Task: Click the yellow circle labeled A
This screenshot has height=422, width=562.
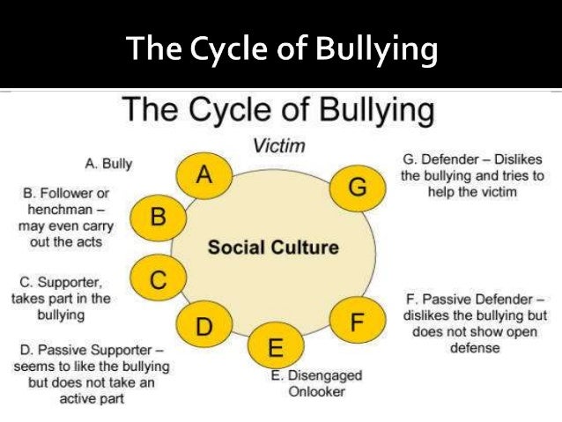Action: [204, 174]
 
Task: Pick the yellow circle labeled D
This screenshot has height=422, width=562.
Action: [204, 327]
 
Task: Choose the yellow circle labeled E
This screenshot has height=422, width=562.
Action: [276, 347]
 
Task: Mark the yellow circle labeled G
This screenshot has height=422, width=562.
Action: [356, 187]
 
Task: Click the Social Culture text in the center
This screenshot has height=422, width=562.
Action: [272, 247]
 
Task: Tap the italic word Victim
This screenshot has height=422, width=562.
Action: [273, 144]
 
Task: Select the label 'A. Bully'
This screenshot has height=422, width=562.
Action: [108, 163]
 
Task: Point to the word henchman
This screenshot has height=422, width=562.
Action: [63, 210]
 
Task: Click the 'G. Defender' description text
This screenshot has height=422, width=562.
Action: [472, 174]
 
